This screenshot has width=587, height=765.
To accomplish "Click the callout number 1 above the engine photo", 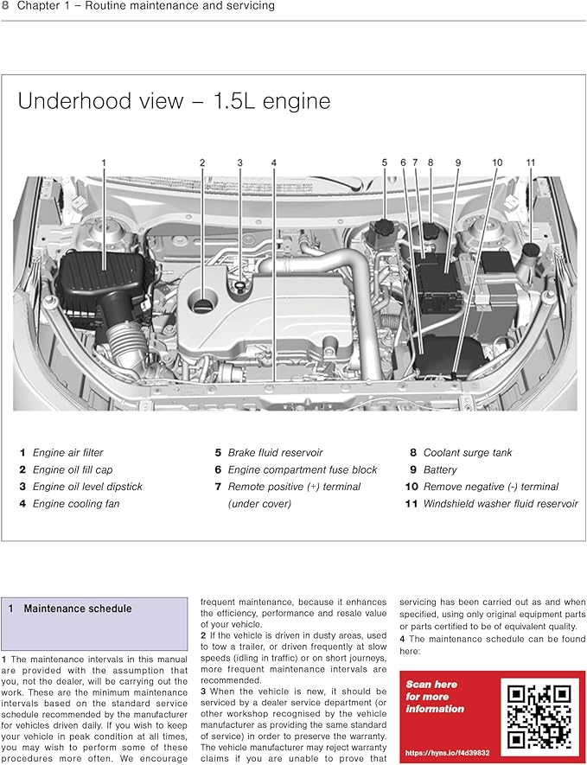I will tap(104, 163).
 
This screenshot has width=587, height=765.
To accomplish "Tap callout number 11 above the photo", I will tap(530, 163).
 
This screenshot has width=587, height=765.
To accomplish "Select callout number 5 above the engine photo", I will tap(385, 163).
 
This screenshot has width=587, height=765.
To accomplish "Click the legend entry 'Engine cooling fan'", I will tap(75, 504).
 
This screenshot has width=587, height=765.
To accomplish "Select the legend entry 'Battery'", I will tap(440, 469).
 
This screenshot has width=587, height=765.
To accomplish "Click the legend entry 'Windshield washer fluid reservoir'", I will tap(501, 504).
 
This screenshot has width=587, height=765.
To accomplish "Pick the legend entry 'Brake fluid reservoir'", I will tap(275, 452).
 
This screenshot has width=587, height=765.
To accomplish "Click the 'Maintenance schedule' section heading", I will tap(78, 609).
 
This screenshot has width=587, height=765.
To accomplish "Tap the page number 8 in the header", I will tap(5, 6).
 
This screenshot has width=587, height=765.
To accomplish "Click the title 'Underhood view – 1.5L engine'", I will tap(174, 101).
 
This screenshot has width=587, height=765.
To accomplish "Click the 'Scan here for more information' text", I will tap(435, 697).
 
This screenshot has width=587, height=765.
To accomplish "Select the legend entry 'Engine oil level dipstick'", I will tap(87, 487).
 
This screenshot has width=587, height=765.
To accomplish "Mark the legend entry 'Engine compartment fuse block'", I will tap(303, 469).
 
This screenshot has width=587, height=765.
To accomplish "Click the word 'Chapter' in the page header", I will tap(39, 6).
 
